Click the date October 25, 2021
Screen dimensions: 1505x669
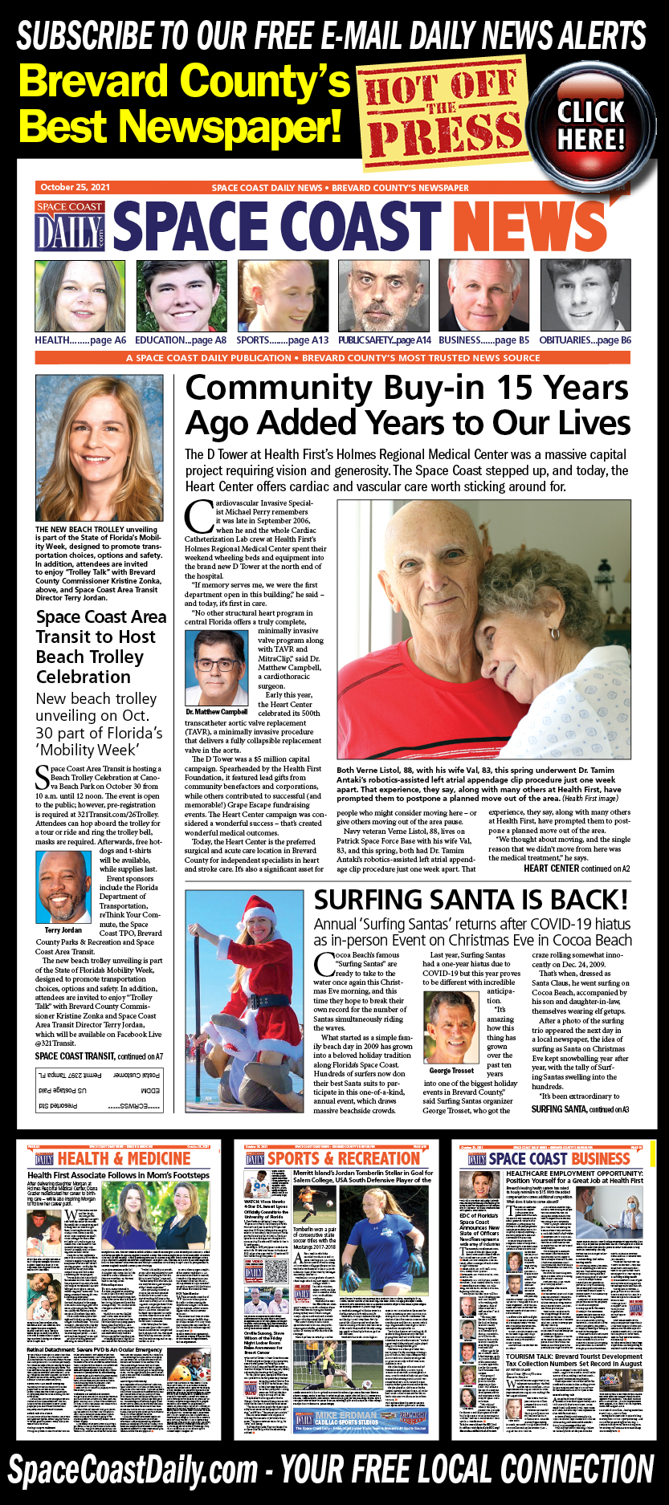[75, 187]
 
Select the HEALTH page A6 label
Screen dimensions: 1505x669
[80, 340]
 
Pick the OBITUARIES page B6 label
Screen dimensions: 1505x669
[585, 340]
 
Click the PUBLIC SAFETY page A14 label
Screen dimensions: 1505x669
[384, 340]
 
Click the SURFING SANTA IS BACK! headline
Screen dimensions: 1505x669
[471, 900]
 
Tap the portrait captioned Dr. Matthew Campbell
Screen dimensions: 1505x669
[217, 667]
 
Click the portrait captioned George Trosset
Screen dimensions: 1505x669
[451, 1027]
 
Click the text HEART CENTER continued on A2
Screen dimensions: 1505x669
[576, 868]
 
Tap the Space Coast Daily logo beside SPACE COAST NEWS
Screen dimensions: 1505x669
[71, 226]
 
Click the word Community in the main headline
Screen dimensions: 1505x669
[279, 388]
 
